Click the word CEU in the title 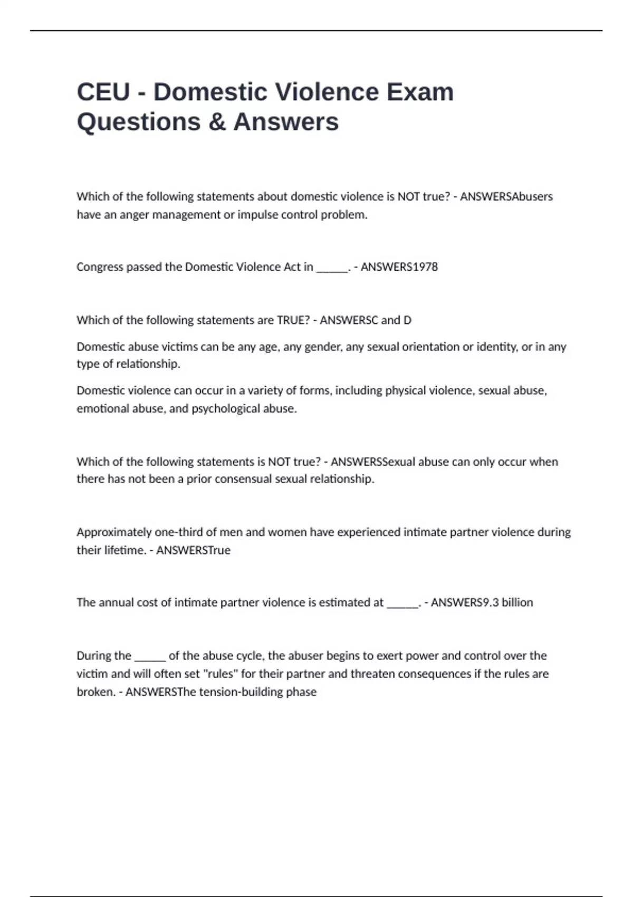103,92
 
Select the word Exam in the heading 420,92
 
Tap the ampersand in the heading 217,122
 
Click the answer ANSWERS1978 399,267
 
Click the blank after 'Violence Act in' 332,267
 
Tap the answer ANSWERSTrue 194,550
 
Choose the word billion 517,603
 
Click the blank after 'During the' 150,656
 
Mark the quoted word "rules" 220,674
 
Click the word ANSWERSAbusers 506,197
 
